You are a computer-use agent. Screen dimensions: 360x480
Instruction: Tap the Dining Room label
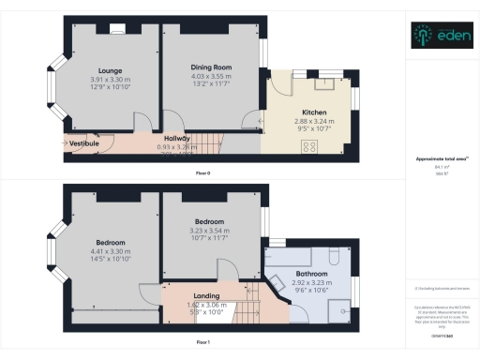211,67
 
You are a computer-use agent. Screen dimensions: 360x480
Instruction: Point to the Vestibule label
85,143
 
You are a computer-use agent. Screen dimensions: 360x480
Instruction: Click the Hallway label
177,139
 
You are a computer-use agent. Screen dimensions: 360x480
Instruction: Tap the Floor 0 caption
202,174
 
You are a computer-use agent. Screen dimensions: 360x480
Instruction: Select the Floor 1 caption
202,342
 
